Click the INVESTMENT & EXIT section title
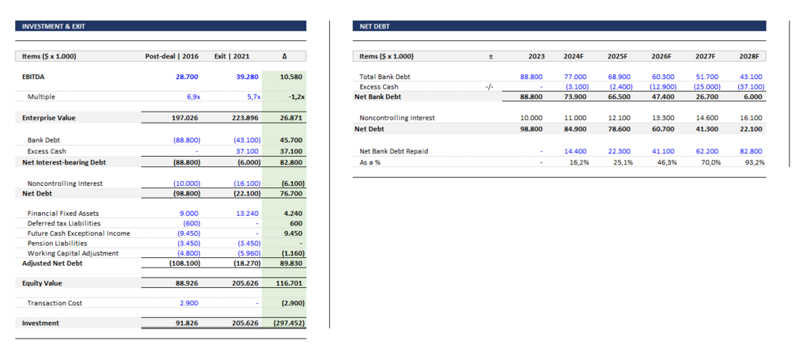pyautogui.click(x=53, y=26)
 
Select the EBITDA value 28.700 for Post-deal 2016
pyautogui.click(x=187, y=77)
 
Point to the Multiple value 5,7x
pyautogui.click(x=242, y=97)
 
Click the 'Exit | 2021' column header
pyautogui.click(x=232, y=56)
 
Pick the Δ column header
pyautogui.click(x=285, y=56)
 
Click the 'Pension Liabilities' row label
pyautogui.click(x=57, y=243)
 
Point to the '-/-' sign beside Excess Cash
pyautogui.click(x=490, y=87)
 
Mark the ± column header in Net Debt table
pyautogui.click(x=490, y=56)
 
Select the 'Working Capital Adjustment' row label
pyautogui.click(x=72, y=253)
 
